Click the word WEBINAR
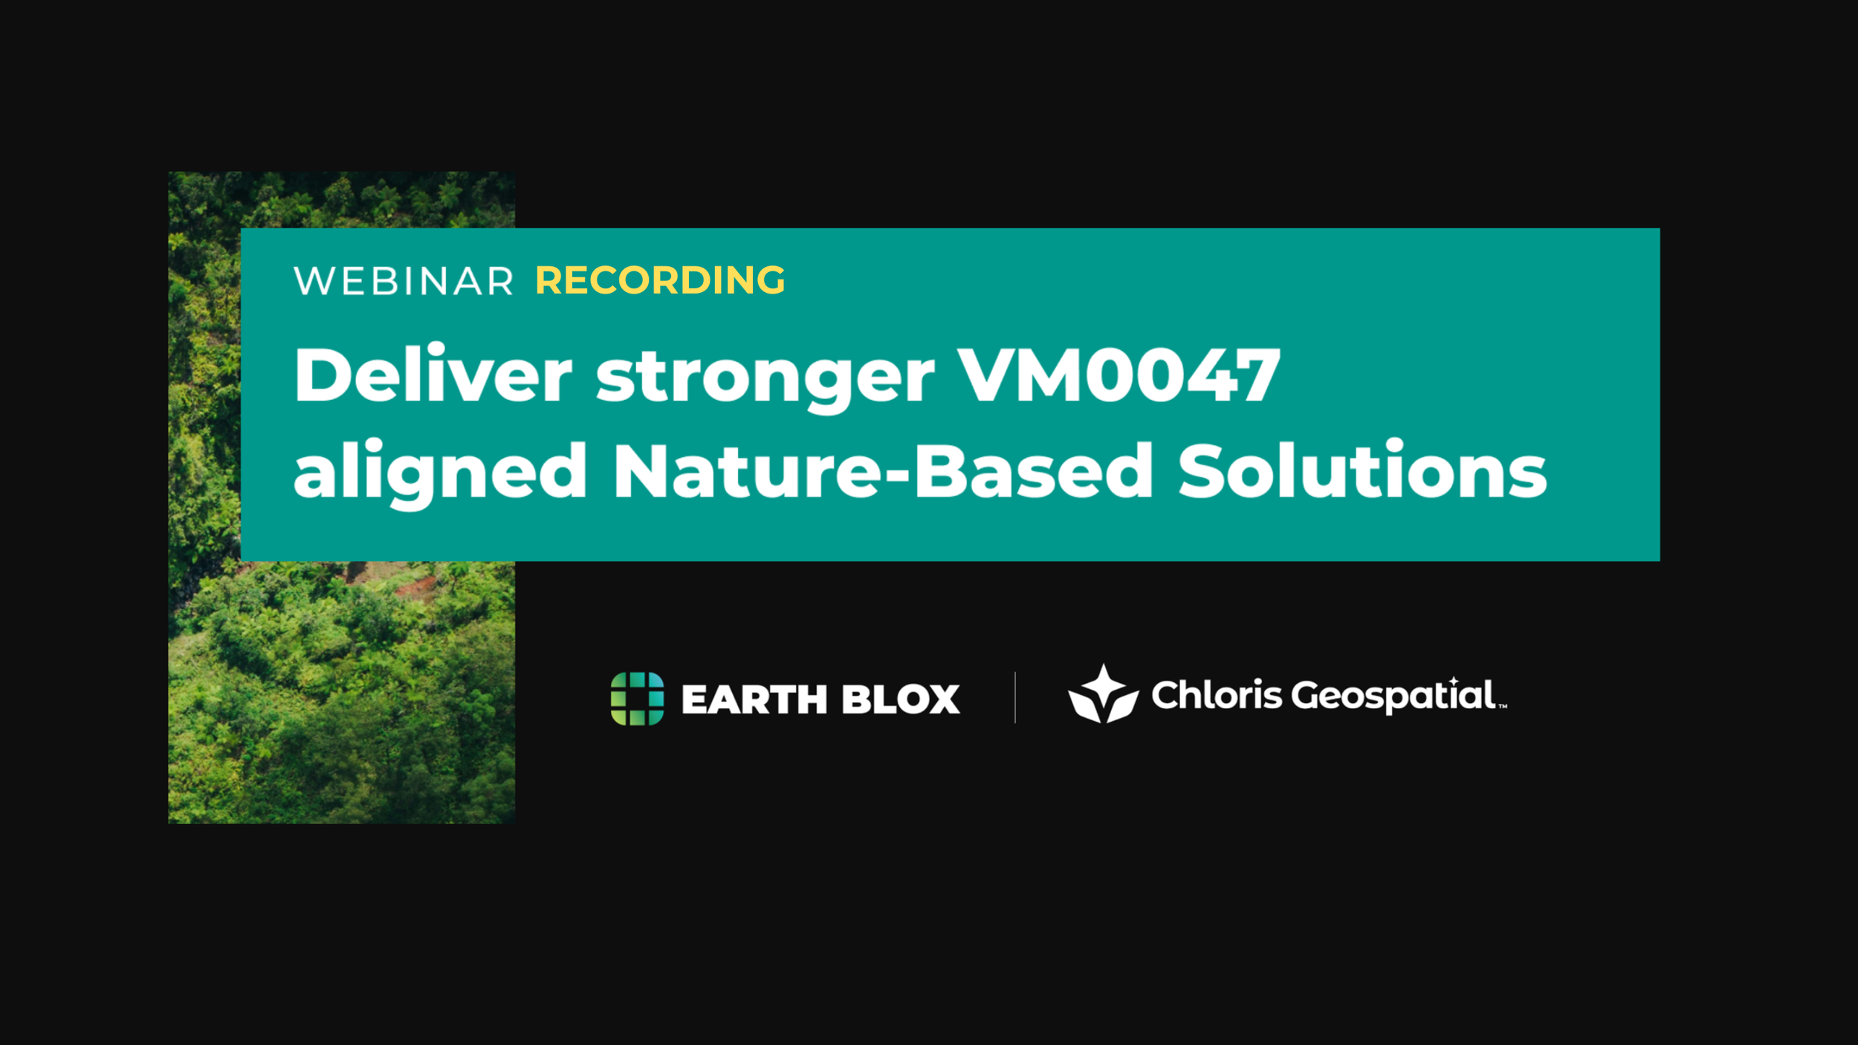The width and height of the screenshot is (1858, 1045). pos(404,281)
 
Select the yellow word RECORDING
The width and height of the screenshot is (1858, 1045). pos(660,280)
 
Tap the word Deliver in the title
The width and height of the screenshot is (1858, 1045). pos(433,375)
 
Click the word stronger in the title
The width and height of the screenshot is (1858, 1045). pos(765,378)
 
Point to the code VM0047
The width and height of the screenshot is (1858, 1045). pos(1119,375)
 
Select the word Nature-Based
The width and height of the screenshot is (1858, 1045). pos(883,471)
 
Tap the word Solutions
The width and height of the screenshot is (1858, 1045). pos(1362,471)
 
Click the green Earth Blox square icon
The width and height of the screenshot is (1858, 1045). pos(637,698)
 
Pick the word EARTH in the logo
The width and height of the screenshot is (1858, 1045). pos(754,699)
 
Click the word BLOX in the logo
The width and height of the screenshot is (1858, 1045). pos(901,699)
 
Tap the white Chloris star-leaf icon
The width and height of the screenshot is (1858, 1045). pos(1103,694)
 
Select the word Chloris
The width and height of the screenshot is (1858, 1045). pos(1217,696)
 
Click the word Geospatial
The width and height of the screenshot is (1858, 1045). pos(1393,696)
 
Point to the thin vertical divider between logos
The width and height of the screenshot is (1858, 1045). pos(1015,697)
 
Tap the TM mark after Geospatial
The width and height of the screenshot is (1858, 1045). pos(1502,707)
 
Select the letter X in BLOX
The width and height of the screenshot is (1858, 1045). pos(942,699)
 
